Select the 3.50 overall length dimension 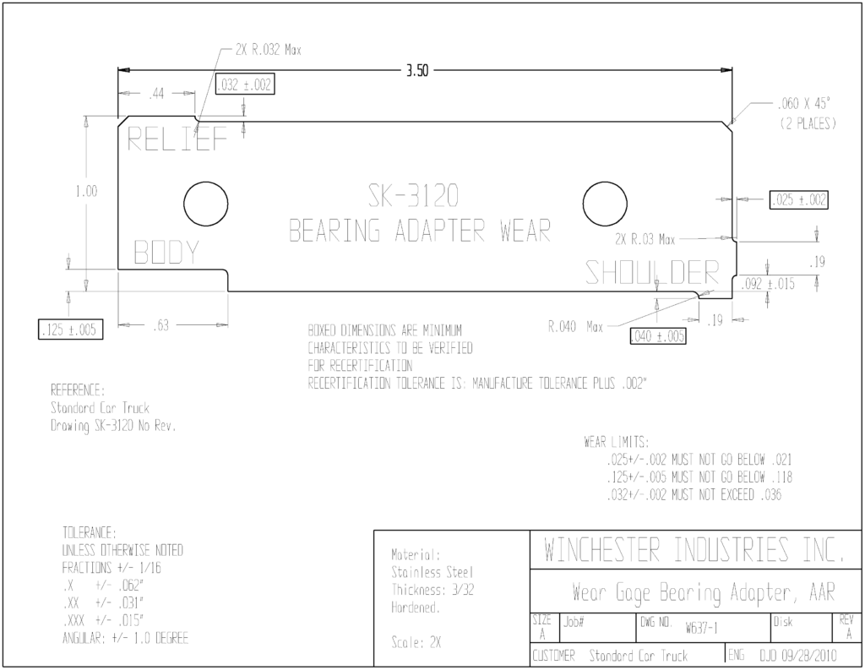(417, 71)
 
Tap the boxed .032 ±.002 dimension (244, 84)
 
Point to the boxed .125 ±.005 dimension (70, 330)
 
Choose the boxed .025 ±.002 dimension (799, 199)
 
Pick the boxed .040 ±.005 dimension (657, 336)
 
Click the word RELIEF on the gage (177, 139)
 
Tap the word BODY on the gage (166, 253)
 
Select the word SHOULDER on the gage (652, 272)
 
